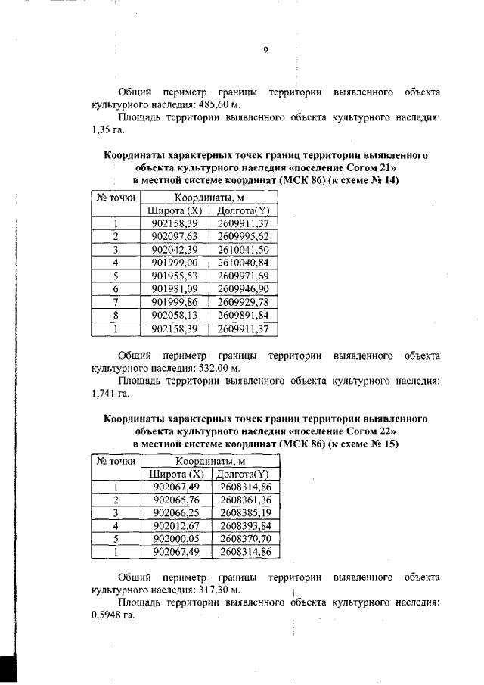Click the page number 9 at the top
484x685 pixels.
(265, 51)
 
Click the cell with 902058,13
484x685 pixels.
(174, 316)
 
